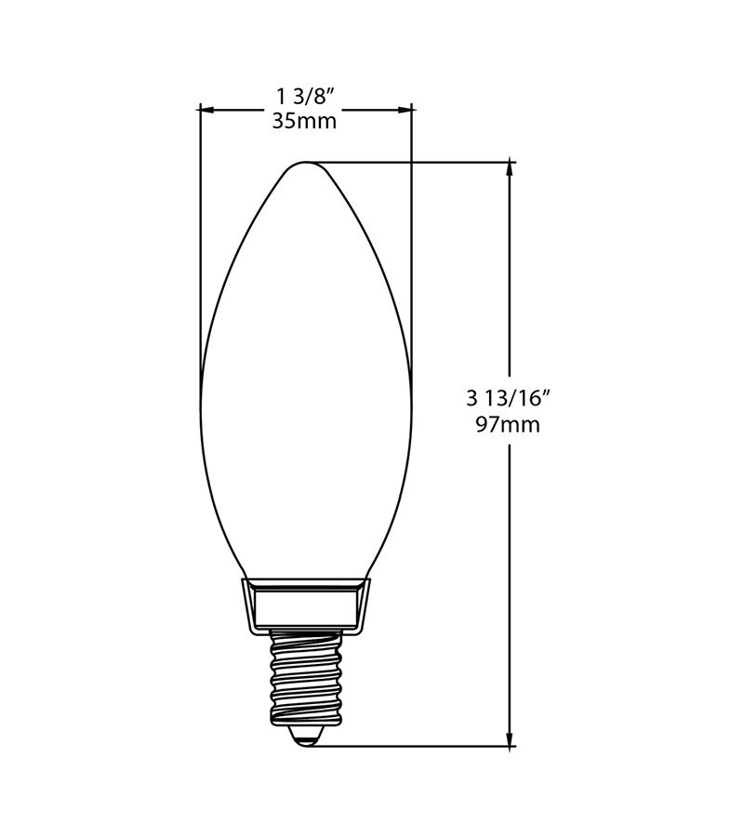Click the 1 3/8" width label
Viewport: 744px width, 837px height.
click(305, 98)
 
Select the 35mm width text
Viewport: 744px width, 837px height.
click(305, 121)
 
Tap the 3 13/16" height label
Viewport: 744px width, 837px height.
click(508, 398)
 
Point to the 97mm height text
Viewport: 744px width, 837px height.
click(508, 425)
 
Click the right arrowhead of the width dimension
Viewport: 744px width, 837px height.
click(405, 110)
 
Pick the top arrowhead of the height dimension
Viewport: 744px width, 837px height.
click(511, 168)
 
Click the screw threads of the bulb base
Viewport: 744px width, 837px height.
click(305, 677)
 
